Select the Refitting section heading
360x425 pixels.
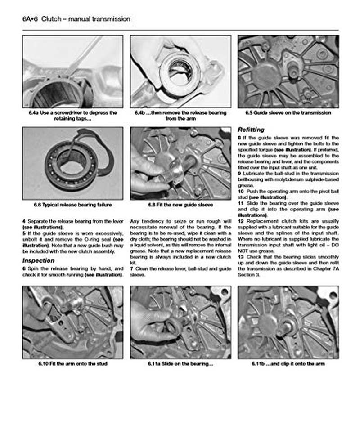[x=251, y=130]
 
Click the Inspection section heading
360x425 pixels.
[x=38, y=260]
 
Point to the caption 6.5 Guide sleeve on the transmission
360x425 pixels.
[x=288, y=113]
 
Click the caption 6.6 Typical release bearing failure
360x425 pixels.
[x=72, y=205]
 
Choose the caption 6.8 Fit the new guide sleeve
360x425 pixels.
[x=180, y=205]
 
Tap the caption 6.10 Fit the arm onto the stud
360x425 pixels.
[x=72, y=363]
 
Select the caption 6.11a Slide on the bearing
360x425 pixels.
[x=180, y=363]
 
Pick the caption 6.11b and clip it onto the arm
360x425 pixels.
[x=288, y=363]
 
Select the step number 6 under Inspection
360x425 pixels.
[x=23, y=268]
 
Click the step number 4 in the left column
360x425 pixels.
[x=23, y=222]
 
